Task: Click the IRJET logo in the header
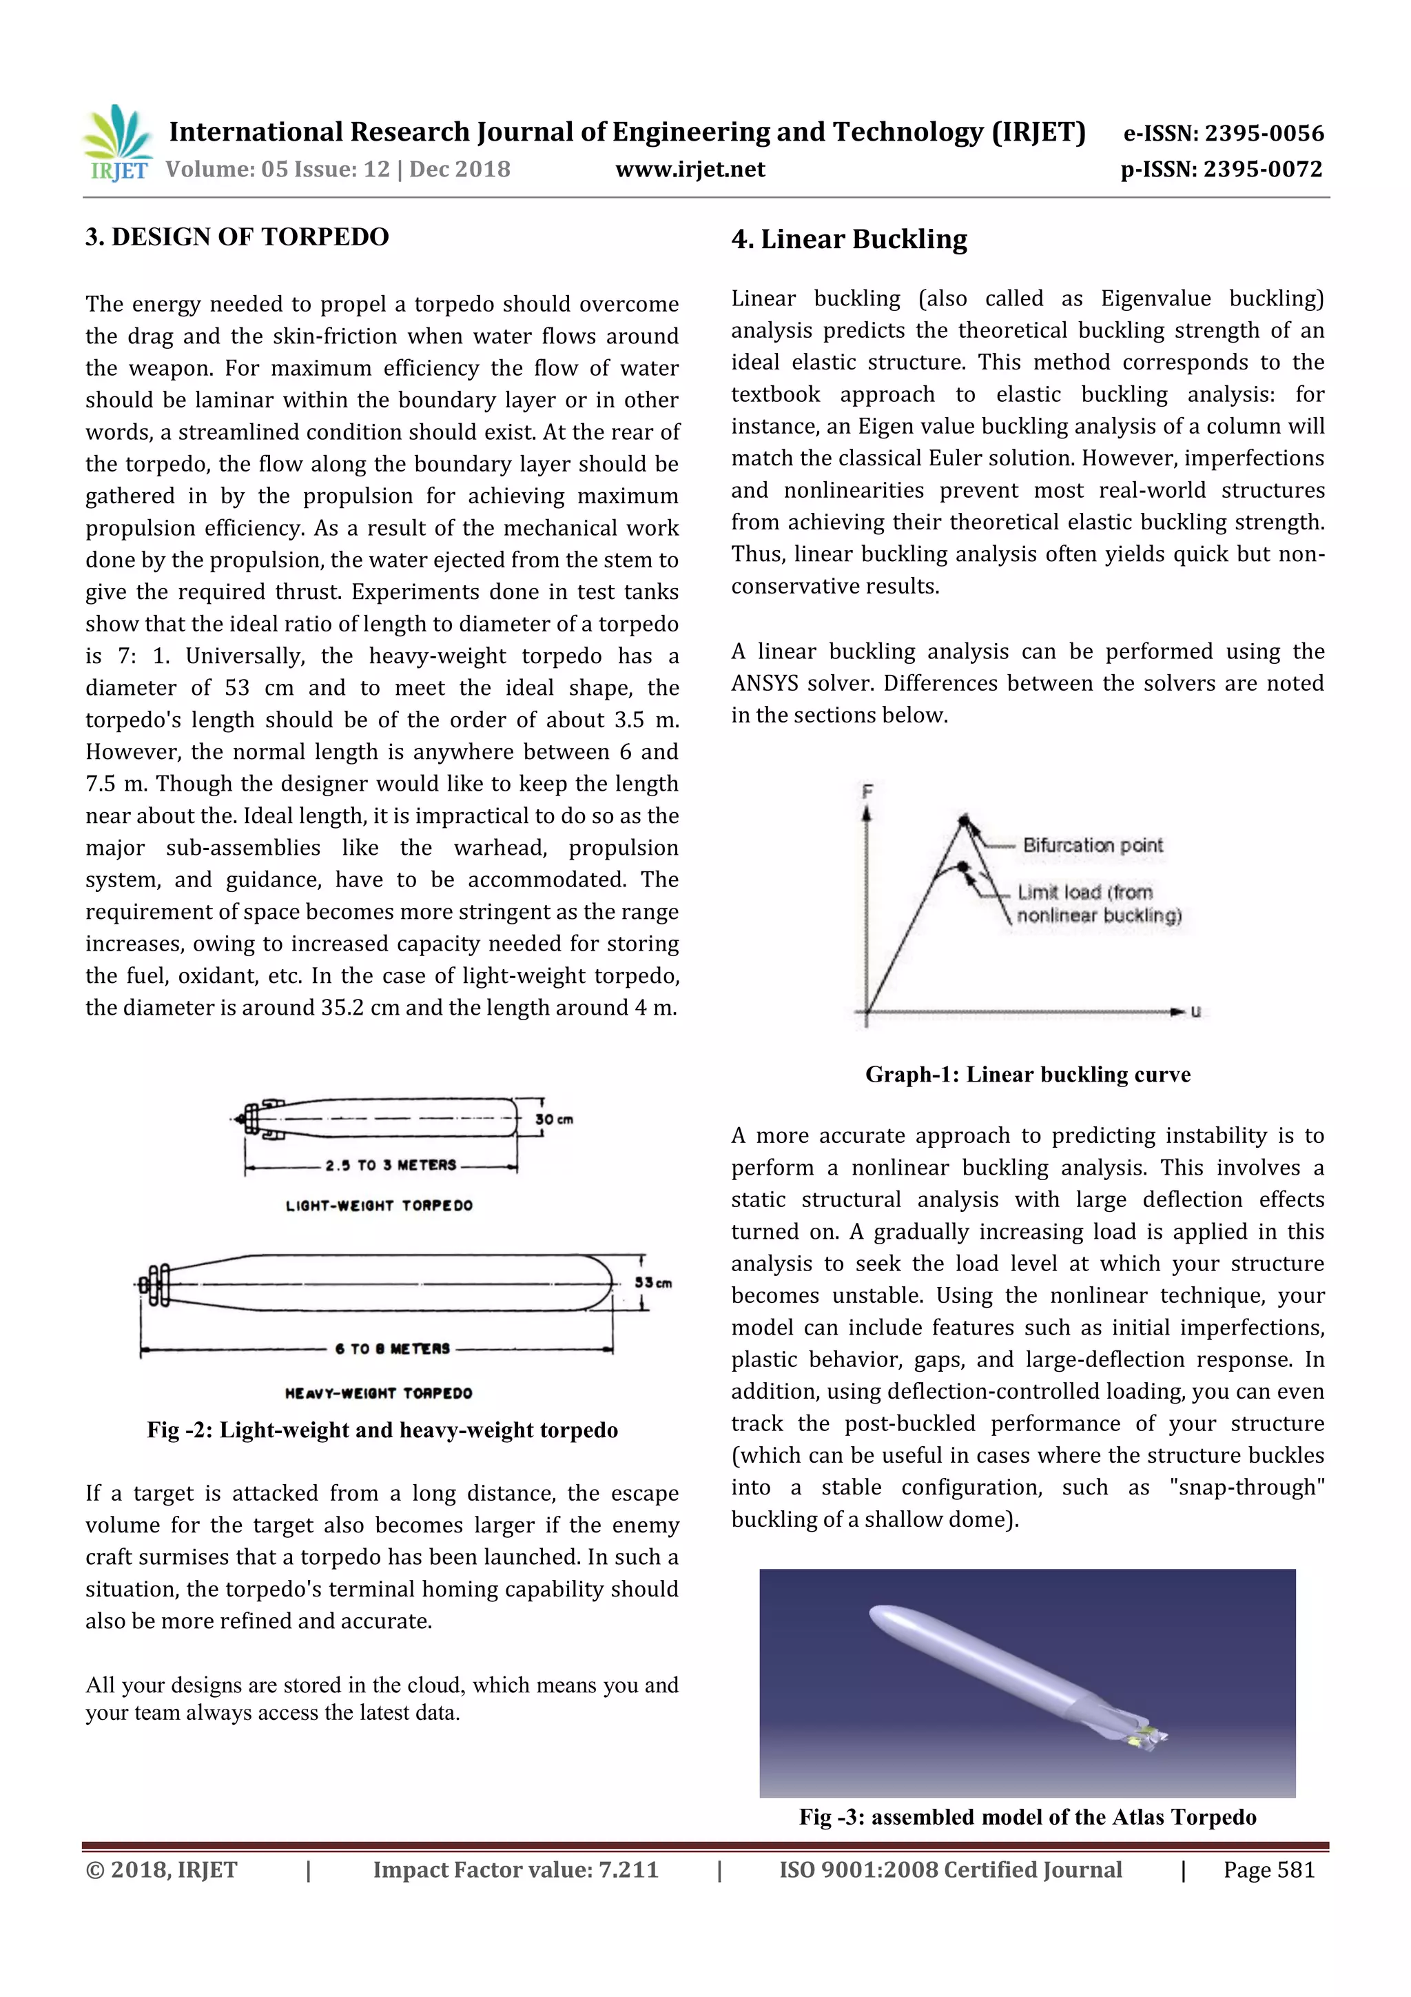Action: coord(117,143)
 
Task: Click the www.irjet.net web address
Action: coord(690,170)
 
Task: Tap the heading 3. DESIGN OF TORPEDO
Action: coord(236,236)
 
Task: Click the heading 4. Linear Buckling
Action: coord(849,239)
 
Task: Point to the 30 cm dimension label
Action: coord(554,1119)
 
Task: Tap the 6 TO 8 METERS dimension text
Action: coord(392,1349)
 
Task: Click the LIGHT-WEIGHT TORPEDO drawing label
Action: coord(379,1206)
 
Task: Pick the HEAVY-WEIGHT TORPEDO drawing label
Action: coord(378,1392)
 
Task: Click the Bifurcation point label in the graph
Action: coord(1092,845)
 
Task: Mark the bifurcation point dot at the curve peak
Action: coord(963,820)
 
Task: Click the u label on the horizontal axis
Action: coord(1195,1011)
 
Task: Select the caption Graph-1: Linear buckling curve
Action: coord(1028,1075)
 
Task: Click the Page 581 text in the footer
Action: coord(1268,1870)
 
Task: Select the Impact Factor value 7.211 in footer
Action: coord(628,1870)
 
